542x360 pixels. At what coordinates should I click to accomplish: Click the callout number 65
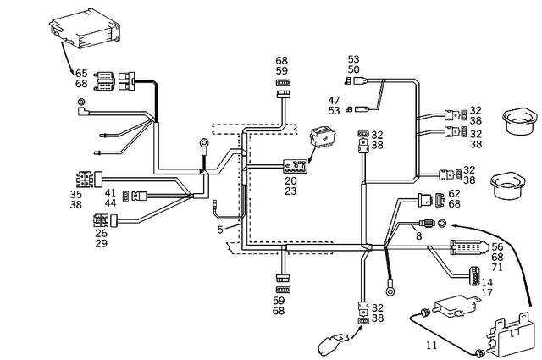81,73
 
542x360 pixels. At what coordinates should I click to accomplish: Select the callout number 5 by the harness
220,230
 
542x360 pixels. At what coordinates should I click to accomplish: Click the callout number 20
290,180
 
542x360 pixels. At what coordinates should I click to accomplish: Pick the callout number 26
101,233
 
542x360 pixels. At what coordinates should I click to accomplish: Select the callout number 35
76,194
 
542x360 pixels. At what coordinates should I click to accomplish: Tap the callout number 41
110,193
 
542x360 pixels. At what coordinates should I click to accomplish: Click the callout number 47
334,100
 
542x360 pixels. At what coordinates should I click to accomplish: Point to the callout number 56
497,246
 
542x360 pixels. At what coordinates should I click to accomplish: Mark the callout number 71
497,267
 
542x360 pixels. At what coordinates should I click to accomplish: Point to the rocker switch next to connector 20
324,138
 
